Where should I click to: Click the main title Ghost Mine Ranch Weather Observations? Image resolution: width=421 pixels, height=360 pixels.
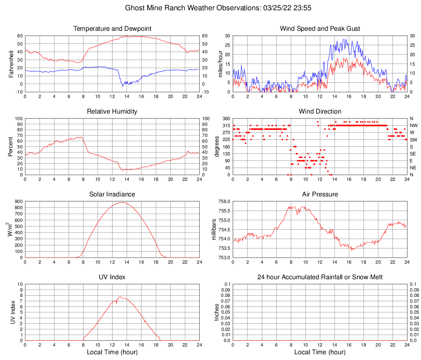(x=212, y=8)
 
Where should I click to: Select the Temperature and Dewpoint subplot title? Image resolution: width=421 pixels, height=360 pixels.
(x=112, y=29)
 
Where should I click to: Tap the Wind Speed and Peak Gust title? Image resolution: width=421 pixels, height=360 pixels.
(x=320, y=29)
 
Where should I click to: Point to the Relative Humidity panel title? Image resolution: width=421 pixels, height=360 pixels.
(x=112, y=112)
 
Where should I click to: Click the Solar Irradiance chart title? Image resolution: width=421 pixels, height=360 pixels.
(x=112, y=194)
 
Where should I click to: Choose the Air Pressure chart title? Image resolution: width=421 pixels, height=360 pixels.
(x=320, y=194)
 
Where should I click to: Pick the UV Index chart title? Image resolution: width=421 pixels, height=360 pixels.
(x=112, y=277)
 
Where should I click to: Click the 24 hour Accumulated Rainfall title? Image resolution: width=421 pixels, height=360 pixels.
(x=320, y=277)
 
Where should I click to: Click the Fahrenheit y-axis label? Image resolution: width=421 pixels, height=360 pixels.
(x=11, y=64)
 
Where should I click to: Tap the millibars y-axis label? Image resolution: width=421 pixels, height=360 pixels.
(x=214, y=229)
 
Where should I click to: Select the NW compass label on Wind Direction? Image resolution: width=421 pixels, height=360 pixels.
(x=413, y=125)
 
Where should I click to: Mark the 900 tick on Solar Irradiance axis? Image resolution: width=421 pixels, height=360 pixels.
(x=18, y=202)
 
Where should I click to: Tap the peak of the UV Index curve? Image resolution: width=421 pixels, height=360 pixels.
(x=120, y=296)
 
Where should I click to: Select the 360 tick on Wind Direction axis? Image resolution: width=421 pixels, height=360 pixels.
(x=225, y=118)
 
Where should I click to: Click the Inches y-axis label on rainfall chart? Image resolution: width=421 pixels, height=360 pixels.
(x=217, y=312)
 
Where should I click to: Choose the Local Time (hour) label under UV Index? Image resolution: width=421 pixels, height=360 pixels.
(x=112, y=352)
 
